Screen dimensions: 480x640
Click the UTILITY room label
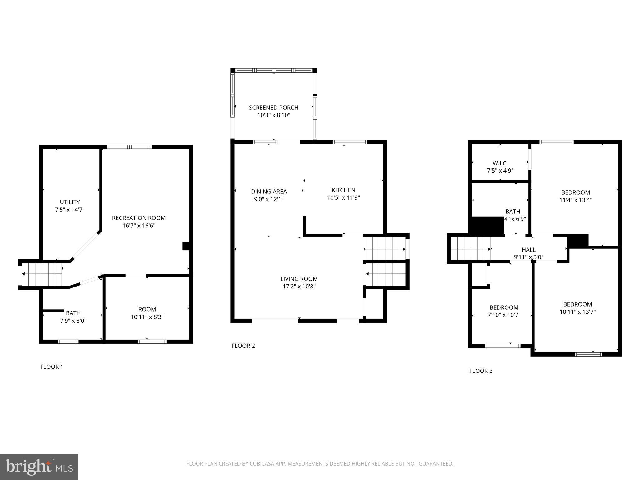tap(70, 202)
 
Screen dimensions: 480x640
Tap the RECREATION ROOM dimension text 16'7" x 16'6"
tap(139, 226)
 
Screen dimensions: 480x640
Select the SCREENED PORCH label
tap(273, 107)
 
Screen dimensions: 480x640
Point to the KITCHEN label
tap(343, 190)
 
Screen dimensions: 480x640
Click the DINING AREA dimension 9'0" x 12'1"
tap(269, 199)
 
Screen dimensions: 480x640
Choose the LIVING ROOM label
tap(299, 279)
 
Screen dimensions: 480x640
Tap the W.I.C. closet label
tap(500, 163)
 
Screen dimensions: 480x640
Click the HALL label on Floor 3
tap(528, 250)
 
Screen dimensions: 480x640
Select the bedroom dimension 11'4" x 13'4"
tap(575, 200)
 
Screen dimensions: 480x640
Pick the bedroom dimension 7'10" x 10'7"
tap(504, 315)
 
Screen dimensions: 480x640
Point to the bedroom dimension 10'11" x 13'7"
tap(577, 312)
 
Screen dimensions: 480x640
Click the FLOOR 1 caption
tap(52, 367)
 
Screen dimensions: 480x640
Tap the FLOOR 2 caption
tap(243, 346)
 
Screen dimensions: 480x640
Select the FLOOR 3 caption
tap(481, 371)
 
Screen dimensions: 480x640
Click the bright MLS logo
tap(39, 467)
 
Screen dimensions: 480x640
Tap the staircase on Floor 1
tap(42, 274)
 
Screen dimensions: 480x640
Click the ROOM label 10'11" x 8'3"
tap(147, 309)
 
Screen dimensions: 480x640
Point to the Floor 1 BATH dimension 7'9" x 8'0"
tap(73, 321)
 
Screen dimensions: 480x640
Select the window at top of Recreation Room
tap(129, 147)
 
